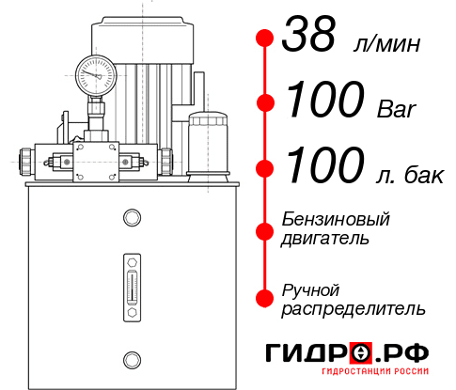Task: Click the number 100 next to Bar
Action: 322,101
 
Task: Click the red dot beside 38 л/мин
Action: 265,39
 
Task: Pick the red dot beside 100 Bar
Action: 265,102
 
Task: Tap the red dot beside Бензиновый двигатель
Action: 265,229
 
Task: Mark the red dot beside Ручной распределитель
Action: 265,298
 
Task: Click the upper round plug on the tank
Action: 131,218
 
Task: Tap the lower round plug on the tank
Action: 131,358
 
